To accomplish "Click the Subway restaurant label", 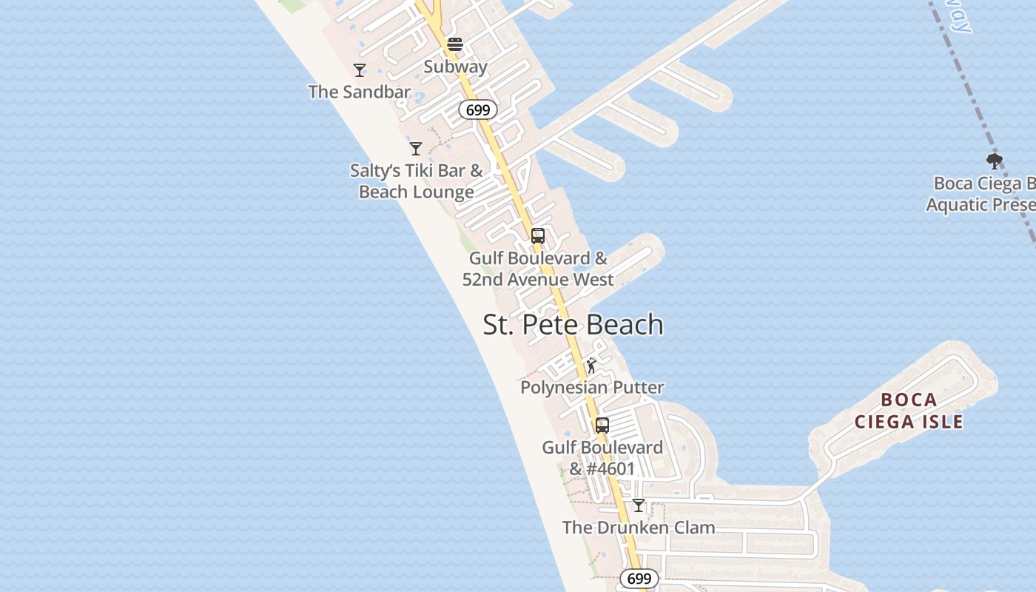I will coord(455,67).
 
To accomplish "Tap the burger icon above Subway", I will coord(455,45).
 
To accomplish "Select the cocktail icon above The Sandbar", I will coord(360,70).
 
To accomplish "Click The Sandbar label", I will coord(359,92).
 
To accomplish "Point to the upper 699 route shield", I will coord(477,110).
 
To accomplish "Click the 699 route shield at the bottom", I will coord(638,579).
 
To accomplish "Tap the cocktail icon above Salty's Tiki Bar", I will coord(416,149).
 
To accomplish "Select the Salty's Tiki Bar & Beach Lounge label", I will coord(416,181).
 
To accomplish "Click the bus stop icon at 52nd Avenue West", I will coord(538,236).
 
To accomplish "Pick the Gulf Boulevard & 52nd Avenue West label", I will coord(538,269).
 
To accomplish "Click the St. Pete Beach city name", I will coord(573,325).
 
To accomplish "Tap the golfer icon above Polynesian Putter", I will coord(591,366).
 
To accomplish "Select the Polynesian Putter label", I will coord(592,387).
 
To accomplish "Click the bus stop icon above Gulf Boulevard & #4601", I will coord(602,425).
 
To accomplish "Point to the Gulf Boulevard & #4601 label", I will coord(602,458).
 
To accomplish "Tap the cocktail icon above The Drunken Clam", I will coord(639,505).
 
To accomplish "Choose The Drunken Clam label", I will coord(639,528).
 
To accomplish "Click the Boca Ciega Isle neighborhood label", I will coord(909,411).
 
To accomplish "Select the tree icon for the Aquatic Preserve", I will coord(995,161).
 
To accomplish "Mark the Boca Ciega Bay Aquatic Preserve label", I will coord(980,194).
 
